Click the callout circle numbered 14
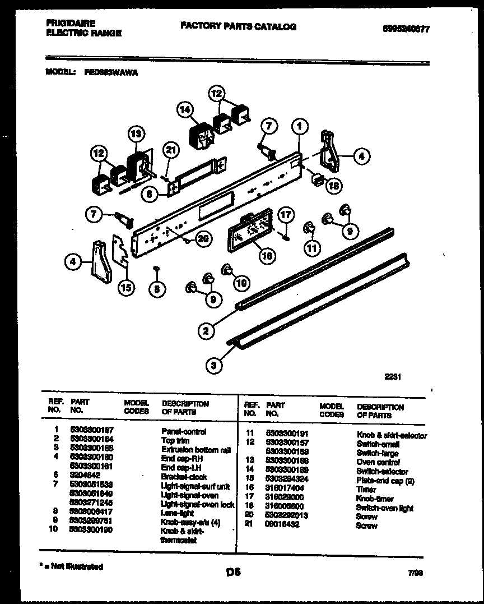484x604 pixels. coord(185,110)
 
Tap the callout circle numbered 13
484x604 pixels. coord(136,134)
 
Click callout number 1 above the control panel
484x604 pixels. coord(300,127)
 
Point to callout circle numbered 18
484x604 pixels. coord(332,187)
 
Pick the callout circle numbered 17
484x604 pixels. coord(286,214)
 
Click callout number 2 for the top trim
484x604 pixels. coord(206,331)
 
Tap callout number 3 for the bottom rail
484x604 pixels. coord(213,366)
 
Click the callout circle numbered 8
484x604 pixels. coord(157,289)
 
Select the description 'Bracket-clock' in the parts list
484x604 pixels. coord(184,477)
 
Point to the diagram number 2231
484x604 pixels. coord(392,378)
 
